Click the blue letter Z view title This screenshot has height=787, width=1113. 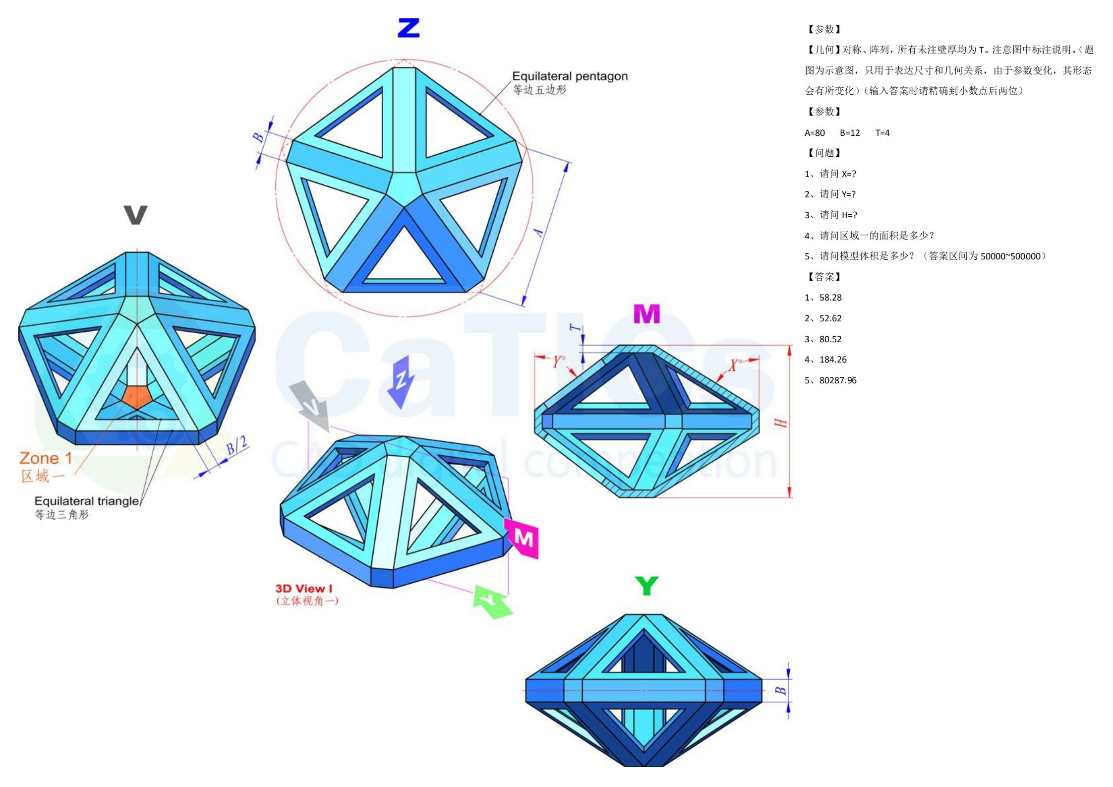pyautogui.click(x=409, y=28)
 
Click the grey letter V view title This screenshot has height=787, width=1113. pyautogui.click(x=135, y=215)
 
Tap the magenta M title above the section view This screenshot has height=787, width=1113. pyautogui.click(x=646, y=314)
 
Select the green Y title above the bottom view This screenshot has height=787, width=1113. pyautogui.click(x=646, y=586)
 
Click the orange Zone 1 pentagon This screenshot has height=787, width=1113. pyautogui.click(x=136, y=397)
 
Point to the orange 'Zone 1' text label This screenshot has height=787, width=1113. pyautogui.click(x=46, y=458)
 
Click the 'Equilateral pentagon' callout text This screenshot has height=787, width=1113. pyautogui.click(x=570, y=76)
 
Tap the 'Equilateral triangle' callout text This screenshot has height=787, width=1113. pyautogui.click(x=87, y=501)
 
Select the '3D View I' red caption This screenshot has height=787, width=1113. pyautogui.click(x=304, y=589)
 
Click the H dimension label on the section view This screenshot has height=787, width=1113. pyautogui.click(x=780, y=423)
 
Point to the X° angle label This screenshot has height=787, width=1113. pyautogui.click(x=735, y=365)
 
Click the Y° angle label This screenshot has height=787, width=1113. pyautogui.click(x=559, y=362)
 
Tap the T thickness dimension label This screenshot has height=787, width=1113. pyautogui.click(x=575, y=327)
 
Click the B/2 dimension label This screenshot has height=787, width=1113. pyautogui.click(x=236, y=446)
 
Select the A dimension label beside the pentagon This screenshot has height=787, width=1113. pyautogui.click(x=539, y=232)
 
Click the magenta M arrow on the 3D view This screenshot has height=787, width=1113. pyautogui.click(x=523, y=538)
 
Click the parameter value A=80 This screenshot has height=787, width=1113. pyautogui.click(x=815, y=133)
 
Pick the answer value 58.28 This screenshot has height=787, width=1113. pyautogui.click(x=830, y=298)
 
